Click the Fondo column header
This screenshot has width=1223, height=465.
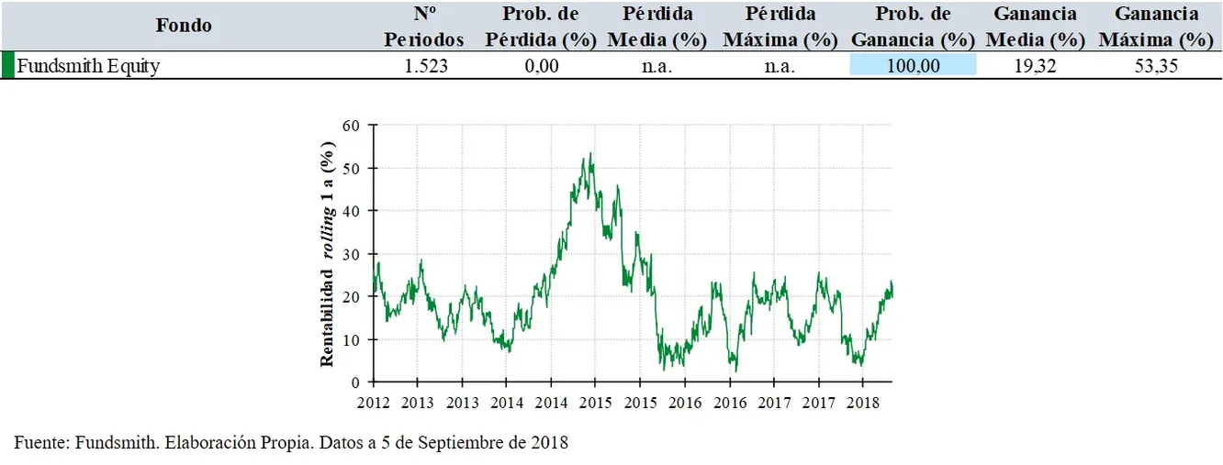click(x=184, y=26)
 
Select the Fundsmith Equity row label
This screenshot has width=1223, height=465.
click(x=88, y=66)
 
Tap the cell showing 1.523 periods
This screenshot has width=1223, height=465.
click(x=425, y=66)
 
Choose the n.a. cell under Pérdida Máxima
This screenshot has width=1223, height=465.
click(x=780, y=66)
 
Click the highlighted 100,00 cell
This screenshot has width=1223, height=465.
click(x=913, y=66)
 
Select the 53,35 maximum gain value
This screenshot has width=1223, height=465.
click(x=1156, y=66)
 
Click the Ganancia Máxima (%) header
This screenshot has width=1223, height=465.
click(x=1156, y=27)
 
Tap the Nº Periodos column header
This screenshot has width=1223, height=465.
click(x=424, y=27)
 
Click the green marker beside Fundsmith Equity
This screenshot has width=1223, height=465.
click(x=6, y=65)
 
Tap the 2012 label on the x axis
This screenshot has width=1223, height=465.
click(x=374, y=403)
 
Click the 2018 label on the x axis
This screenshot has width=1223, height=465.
click(x=861, y=403)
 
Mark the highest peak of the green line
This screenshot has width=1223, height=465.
click(x=589, y=153)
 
